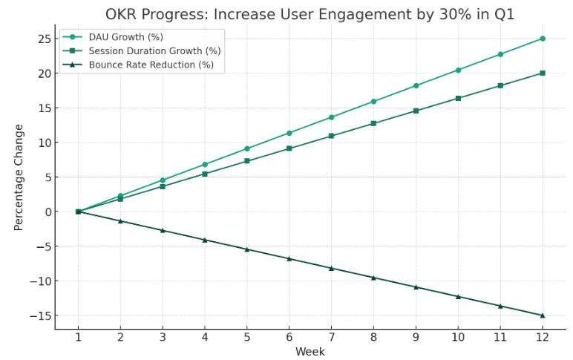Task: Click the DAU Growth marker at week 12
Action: (543, 39)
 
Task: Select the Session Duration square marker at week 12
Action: (543, 73)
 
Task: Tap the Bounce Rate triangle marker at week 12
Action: (543, 315)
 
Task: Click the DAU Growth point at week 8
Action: (373, 102)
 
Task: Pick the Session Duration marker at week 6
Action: (289, 148)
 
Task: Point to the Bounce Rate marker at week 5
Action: (247, 249)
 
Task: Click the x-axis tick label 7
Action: (331, 338)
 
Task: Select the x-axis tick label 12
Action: (543, 338)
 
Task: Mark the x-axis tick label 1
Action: (78, 338)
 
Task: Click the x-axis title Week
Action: (310, 352)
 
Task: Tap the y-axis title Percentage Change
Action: (19, 177)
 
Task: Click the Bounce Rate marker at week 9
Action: (416, 287)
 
